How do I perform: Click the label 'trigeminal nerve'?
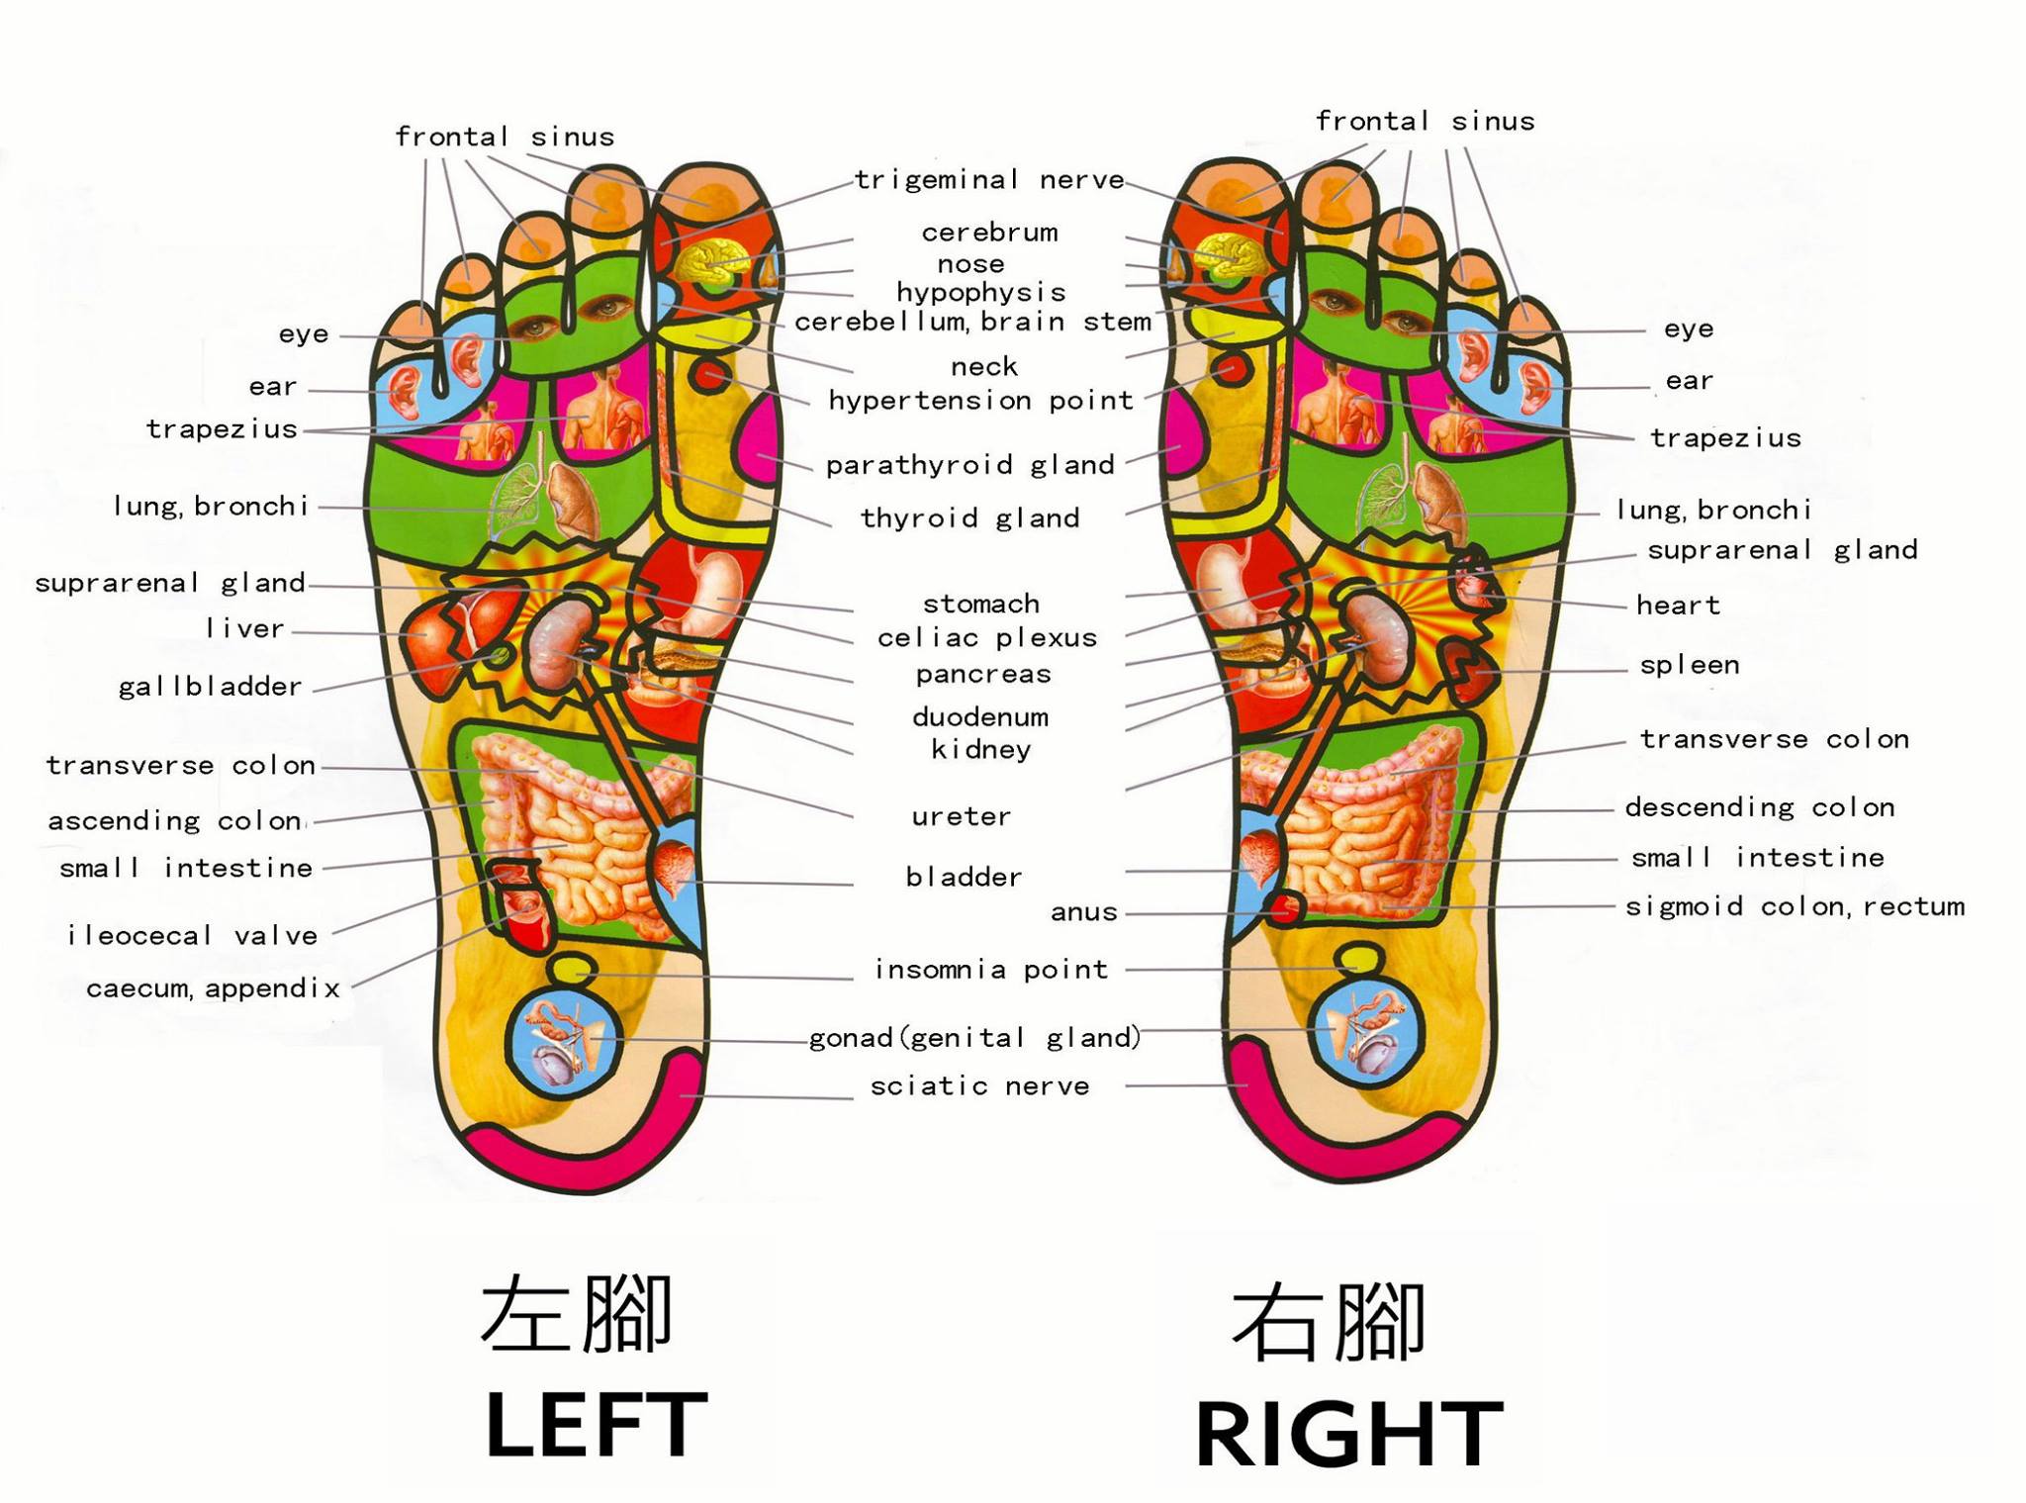pos(989,180)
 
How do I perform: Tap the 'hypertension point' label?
pos(980,401)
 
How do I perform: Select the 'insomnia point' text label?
pos(991,970)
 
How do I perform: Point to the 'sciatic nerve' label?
pos(979,1086)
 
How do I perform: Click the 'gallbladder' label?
pos(210,687)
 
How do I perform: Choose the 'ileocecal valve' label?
pos(192,936)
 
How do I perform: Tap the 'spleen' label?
pos(1690,665)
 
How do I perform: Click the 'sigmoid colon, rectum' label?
pos(1795,906)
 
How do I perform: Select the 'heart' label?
pos(1678,606)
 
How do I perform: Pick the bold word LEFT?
pos(596,1425)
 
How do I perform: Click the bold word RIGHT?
pos(1349,1434)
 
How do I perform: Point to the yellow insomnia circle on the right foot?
pos(1358,959)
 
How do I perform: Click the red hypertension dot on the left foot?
pos(710,376)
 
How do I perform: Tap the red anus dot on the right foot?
pos(1285,906)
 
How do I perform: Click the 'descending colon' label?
pos(1759,807)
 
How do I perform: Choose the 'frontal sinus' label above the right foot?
pos(1425,122)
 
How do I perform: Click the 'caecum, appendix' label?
pos(213,988)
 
